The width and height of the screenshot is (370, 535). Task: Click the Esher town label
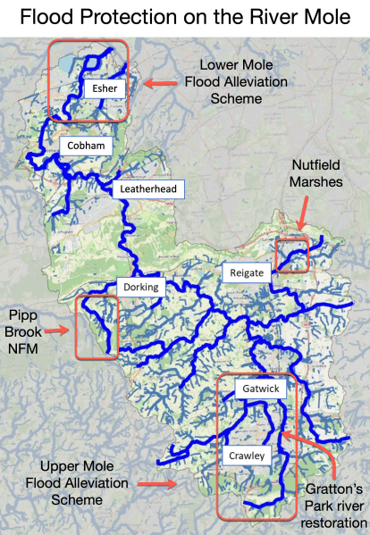[98, 89]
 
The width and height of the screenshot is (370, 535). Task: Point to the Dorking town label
[141, 287]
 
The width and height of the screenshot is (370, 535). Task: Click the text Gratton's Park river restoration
[335, 506]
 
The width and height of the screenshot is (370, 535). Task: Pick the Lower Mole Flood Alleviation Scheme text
[237, 82]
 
